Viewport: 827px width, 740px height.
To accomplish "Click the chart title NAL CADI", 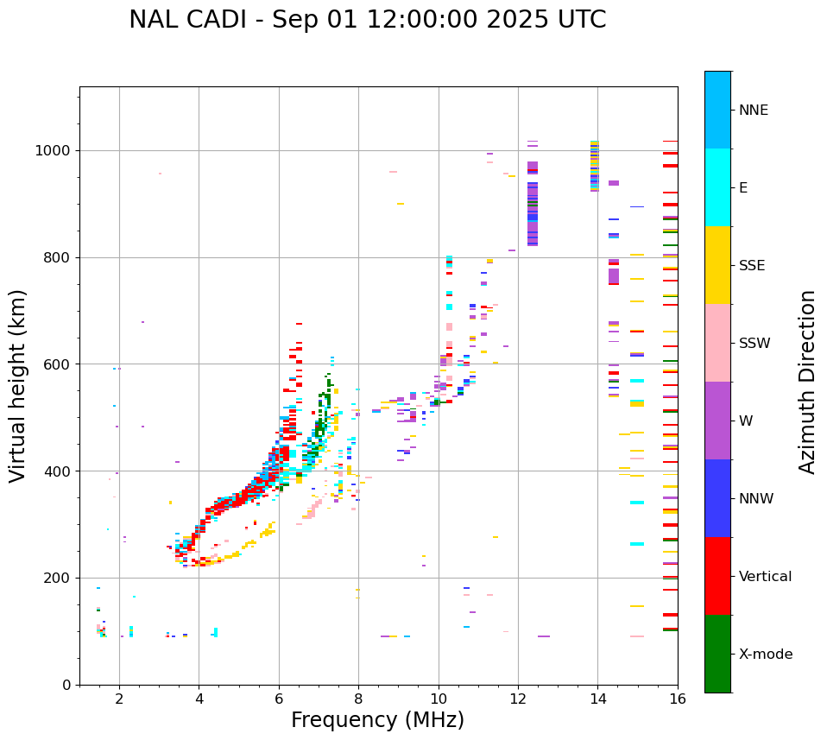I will (x=367, y=20).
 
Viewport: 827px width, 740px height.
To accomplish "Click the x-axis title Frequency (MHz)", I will (x=377, y=720).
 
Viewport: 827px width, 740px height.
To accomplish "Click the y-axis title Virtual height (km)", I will (x=19, y=385).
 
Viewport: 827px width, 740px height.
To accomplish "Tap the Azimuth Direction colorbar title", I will (x=807, y=381).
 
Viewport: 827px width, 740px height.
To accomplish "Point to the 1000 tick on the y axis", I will (x=57, y=151).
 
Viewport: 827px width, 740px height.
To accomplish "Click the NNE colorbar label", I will (x=754, y=111).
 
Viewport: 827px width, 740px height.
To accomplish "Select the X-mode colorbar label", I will (x=766, y=655).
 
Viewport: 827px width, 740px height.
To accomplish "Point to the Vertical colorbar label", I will (x=765, y=577).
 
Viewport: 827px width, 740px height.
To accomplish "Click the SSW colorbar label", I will (x=754, y=344).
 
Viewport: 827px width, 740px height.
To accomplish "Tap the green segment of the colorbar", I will (x=717, y=654).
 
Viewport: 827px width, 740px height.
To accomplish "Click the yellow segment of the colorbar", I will (x=717, y=265).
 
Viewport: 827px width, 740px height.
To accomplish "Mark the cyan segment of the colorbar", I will (x=717, y=187).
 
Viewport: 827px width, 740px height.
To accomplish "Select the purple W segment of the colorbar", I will (x=717, y=421).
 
